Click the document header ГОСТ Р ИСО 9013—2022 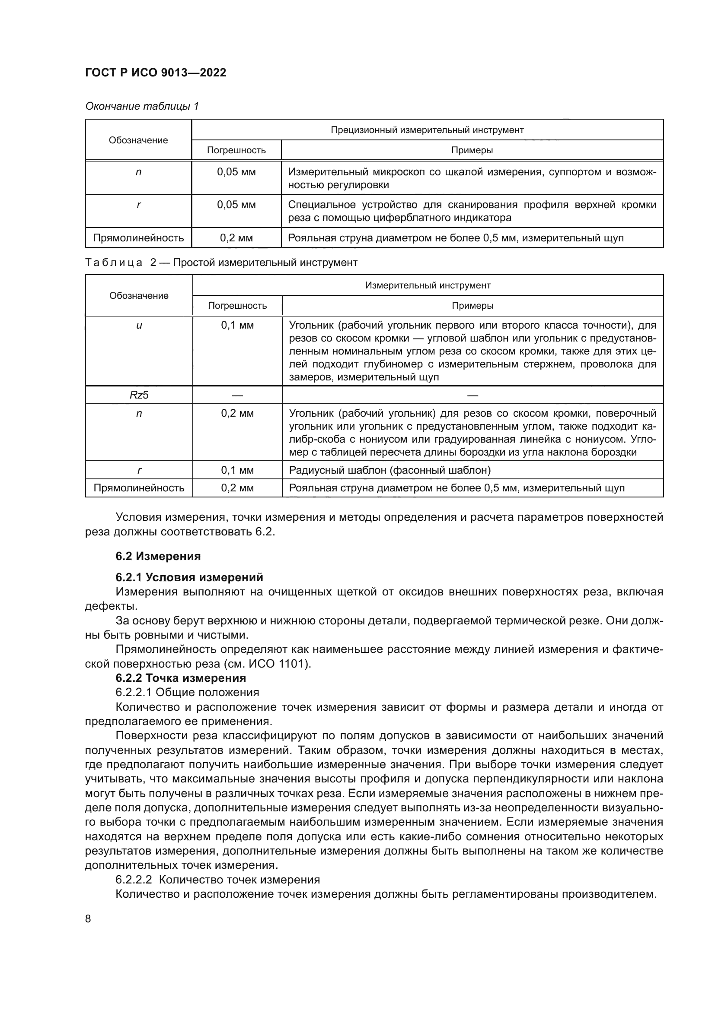coord(156,73)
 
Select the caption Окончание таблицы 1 coord(142,106)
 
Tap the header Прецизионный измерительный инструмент coord(427,130)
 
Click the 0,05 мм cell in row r coord(236,205)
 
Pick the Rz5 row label coord(139,395)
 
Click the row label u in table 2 coord(139,326)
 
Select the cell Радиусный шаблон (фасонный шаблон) coord(389,470)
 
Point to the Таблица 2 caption coord(221,263)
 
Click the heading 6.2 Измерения coord(158,557)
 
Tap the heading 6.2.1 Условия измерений coord(189,577)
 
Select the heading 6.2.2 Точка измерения coord(181,678)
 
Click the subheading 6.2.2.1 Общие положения coord(187,692)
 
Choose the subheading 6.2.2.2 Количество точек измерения coord(217,879)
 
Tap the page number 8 coord(88,919)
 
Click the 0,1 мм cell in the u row coord(237,326)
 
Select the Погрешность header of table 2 coord(237,306)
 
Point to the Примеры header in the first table coord(472,150)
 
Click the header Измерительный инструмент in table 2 coord(428,285)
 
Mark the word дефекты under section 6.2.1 coord(111,606)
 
